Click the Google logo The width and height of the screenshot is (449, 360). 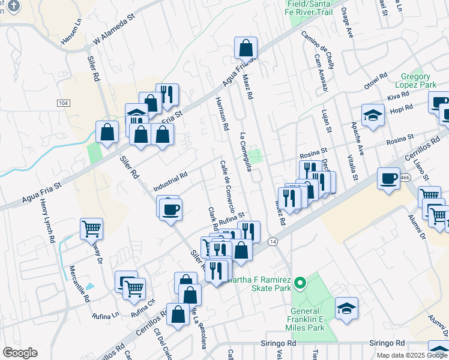click(20, 352)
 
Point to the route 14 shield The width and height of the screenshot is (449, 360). click(273, 241)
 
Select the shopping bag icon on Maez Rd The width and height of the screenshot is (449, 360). click(246, 47)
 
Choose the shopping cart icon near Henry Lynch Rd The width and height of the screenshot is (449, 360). click(91, 227)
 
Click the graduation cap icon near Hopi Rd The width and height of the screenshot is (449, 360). click(373, 114)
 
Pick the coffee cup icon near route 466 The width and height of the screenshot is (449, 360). click(388, 178)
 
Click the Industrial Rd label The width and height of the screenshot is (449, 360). click(170, 179)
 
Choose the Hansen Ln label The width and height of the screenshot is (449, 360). click(70, 34)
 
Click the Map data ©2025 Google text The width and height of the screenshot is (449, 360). click(411, 355)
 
